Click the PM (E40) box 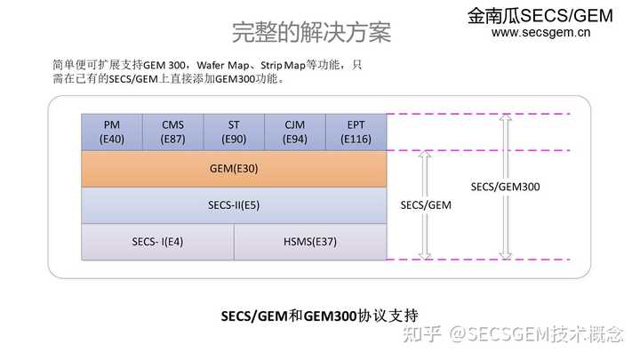pyautogui.click(x=112, y=132)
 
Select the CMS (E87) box pyautogui.click(x=172, y=132)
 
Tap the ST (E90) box pyautogui.click(x=234, y=132)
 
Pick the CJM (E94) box pyautogui.click(x=294, y=132)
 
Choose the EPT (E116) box pyautogui.click(x=356, y=132)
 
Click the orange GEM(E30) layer pyautogui.click(x=234, y=168)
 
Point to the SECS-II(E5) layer pyautogui.click(x=234, y=205)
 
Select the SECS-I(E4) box pyautogui.click(x=157, y=242)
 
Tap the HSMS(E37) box pyautogui.click(x=310, y=242)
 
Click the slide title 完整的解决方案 pyautogui.click(x=311, y=32)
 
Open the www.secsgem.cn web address pyautogui.click(x=541, y=34)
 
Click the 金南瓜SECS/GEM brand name pyautogui.click(x=541, y=15)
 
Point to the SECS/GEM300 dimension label pyautogui.click(x=505, y=187)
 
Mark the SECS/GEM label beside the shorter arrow pyautogui.click(x=426, y=204)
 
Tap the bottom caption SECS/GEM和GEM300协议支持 pyautogui.click(x=319, y=315)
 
